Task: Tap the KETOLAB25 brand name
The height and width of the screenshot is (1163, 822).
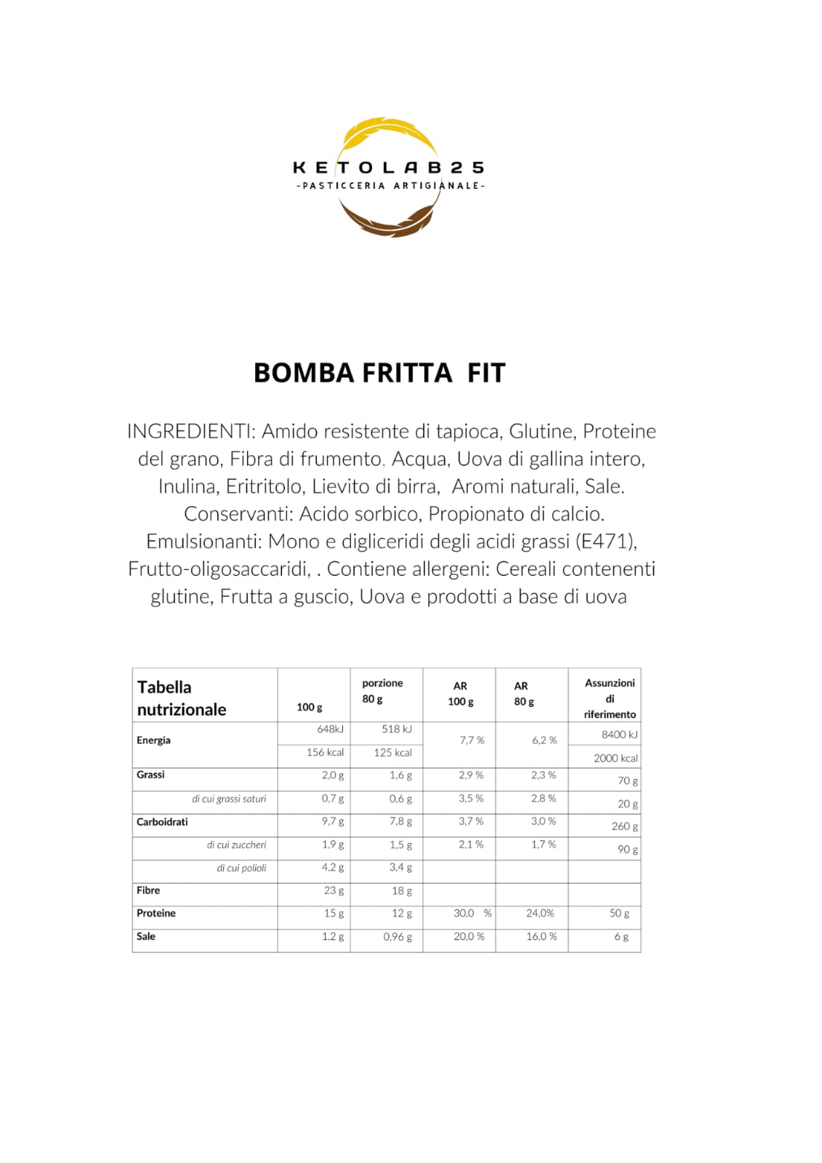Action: click(x=388, y=168)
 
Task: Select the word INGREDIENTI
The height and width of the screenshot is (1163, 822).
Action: click(x=190, y=432)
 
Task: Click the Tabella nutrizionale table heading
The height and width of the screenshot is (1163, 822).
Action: click(x=182, y=698)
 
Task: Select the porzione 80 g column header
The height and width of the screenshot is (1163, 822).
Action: click(x=382, y=691)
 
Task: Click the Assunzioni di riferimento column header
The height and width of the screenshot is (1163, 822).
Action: click(x=609, y=699)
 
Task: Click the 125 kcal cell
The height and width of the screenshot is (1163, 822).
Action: click(x=392, y=753)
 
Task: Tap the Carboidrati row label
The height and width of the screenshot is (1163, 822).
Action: click(x=162, y=822)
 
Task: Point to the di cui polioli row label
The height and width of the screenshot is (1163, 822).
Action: click(x=241, y=868)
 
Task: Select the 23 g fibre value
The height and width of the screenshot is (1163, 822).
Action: click(x=334, y=890)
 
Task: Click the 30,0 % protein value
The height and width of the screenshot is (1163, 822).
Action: click(x=472, y=914)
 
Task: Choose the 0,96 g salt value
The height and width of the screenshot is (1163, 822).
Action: click(x=398, y=937)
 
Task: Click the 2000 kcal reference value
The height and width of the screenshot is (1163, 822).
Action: click(x=615, y=758)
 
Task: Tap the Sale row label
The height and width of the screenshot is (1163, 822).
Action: click(x=146, y=936)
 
